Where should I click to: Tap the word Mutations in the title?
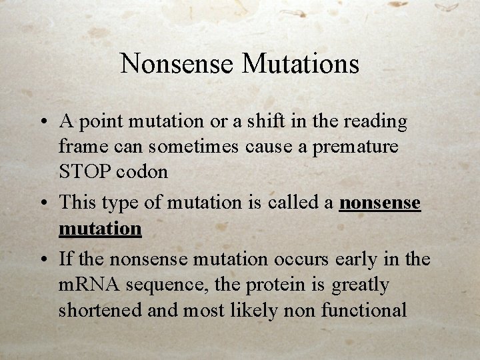(301, 64)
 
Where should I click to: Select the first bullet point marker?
(42, 123)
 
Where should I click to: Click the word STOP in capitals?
(85, 171)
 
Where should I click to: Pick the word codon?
(141, 171)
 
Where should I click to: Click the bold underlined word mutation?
(100, 229)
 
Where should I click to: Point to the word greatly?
(360, 285)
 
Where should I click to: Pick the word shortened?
(101, 309)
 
